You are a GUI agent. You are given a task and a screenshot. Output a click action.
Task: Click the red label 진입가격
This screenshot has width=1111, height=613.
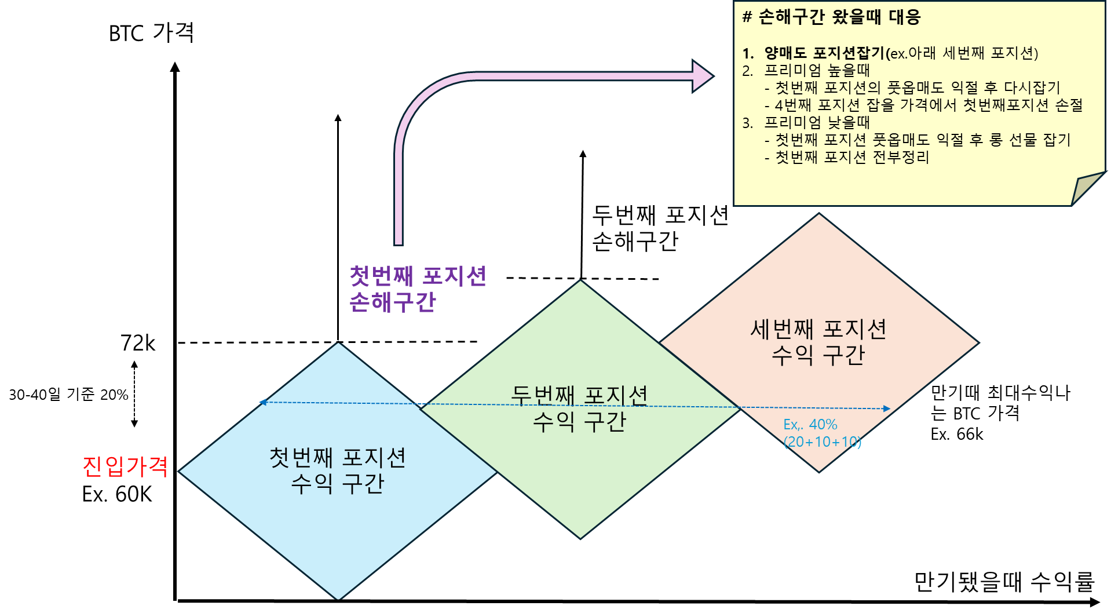125,466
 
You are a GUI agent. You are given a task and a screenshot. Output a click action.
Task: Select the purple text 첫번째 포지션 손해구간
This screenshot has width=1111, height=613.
417,289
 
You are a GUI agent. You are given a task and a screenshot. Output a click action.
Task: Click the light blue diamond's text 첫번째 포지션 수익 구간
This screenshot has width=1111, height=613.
338,470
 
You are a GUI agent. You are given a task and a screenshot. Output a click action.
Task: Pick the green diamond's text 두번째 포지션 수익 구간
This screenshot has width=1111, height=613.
579,408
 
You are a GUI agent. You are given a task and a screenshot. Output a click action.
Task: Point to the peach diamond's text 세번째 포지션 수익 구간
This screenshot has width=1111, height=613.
818,342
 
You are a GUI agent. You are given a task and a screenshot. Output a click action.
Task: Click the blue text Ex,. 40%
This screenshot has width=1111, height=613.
810,425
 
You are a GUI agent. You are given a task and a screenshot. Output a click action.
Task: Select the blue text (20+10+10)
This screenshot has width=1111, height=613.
823,442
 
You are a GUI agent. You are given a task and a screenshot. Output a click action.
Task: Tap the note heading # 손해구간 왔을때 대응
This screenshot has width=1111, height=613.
831,17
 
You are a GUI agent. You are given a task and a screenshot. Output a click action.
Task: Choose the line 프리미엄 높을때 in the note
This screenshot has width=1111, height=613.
817,71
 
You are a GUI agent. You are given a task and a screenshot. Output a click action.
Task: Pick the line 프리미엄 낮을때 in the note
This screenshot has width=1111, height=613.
817,123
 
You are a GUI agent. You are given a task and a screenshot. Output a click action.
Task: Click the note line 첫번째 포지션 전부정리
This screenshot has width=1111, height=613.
851,158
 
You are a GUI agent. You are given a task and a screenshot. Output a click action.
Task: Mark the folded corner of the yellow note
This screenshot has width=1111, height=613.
1087,187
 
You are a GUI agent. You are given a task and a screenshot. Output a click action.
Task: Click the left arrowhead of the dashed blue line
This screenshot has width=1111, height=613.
262,402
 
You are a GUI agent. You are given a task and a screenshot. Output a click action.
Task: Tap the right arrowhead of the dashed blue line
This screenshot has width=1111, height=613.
887,409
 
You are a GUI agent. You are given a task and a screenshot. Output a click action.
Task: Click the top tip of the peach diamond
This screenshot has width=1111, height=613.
819,215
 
